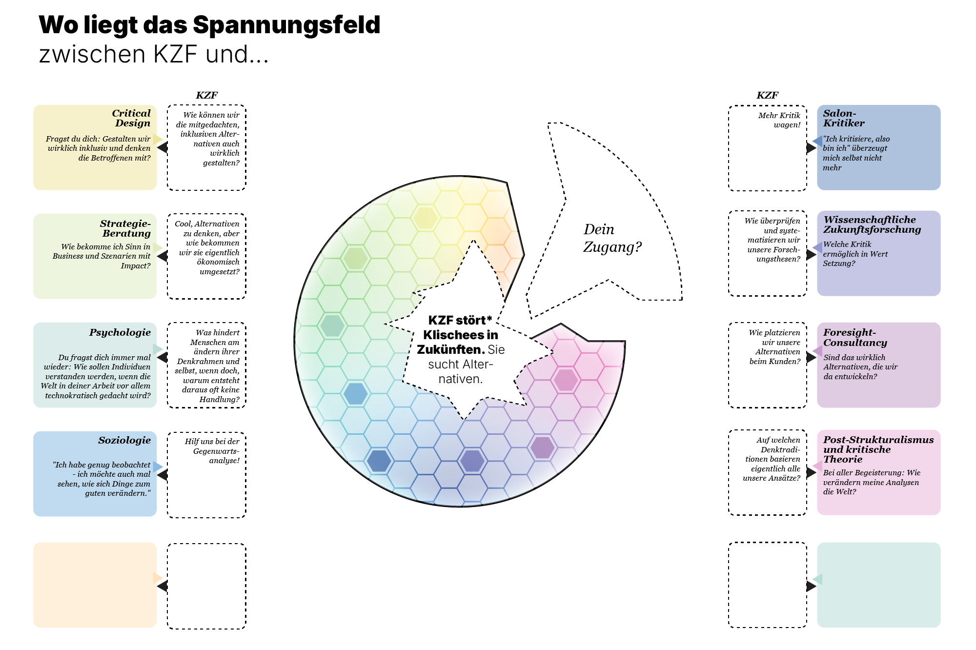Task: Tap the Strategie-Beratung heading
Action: (x=126, y=228)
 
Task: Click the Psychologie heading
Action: (x=120, y=332)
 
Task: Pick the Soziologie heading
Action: (x=124, y=440)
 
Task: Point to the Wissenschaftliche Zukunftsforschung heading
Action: (x=872, y=224)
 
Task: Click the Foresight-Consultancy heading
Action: (x=855, y=337)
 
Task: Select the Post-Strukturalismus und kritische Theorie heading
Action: (x=878, y=449)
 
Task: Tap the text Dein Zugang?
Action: (x=612, y=238)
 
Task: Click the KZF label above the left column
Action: (x=206, y=95)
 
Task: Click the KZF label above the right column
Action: (x=767, y=95)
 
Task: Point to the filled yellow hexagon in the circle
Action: (x=425, y=218)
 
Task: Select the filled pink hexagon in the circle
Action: (x=566, y=380)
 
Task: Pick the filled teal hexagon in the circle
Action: (x=332, y=325)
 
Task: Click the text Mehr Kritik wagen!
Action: (x=779, y=120)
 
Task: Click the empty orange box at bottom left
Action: (x=95, y=585)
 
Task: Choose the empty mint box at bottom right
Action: (x=878, y=585)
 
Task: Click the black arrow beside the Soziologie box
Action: (x=163, y=475)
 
